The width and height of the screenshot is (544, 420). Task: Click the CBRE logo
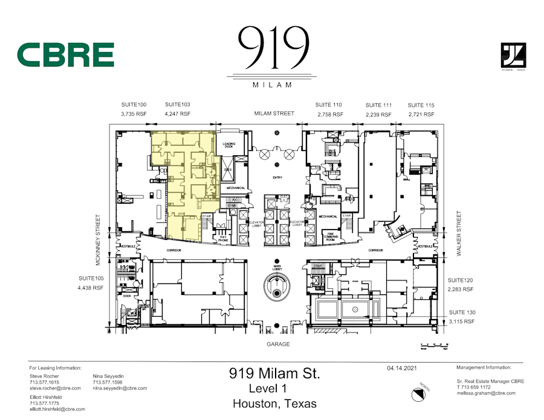coord(65,55)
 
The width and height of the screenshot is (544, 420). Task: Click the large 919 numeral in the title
coord(271,48)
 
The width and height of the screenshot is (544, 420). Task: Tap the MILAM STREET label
coord(274,114)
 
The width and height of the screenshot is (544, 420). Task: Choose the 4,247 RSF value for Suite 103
coord(178,114)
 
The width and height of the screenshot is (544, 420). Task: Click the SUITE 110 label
coord(329,105)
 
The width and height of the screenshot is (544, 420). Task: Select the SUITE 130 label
coord(462,312)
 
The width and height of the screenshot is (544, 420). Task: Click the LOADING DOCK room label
coord(228,145)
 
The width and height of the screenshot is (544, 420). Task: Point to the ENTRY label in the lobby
coord(277,177)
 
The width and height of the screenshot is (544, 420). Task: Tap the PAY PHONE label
coord(223,238)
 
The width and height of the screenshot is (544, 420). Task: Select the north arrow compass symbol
coord(418,395)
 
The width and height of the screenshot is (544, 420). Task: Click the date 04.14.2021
coord(401,367)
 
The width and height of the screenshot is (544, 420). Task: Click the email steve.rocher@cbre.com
coord(55,388)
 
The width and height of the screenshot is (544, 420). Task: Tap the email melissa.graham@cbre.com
coord(486,393)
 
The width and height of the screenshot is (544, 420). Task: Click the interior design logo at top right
coord(513,57)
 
